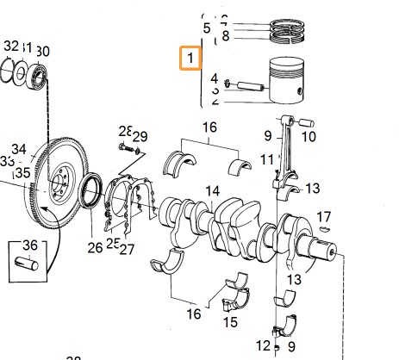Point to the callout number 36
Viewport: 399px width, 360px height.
(30, 245)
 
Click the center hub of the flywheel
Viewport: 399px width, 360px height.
(60, 182)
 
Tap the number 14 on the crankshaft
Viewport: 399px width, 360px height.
(212, 190)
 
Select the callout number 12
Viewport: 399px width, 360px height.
(262, 345)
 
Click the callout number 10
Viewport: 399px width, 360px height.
(309, 136)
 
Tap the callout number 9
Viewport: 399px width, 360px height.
(267, 134)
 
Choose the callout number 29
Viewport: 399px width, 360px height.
(140, 136)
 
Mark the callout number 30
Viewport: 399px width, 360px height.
(42, 51)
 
